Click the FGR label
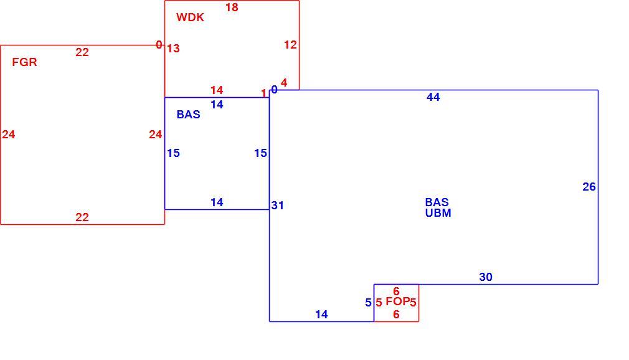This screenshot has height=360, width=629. point(24,62)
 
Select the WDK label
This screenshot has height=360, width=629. point(190,17)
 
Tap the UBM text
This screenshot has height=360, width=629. point(438,213)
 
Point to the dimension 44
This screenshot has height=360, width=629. point(433,97)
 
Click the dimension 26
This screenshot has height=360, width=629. point(589,187)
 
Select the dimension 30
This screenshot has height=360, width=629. point(486,277)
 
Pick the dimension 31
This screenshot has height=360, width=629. point(278,206)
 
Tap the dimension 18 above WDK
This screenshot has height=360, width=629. point(232,7)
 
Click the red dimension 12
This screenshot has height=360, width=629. point(290,45)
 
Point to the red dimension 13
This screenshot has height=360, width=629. point(173,49)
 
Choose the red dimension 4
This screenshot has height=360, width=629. point(284,83)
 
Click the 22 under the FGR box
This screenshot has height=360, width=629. point(82,217)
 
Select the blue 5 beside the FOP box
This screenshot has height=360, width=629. point(368,303)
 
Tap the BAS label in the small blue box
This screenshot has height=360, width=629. point(189,115)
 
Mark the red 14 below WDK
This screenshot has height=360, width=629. point(217,90)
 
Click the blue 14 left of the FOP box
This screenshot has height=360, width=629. point(321,315)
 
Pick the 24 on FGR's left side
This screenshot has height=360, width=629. point(9,135)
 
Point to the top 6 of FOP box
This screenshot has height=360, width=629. point(396,291)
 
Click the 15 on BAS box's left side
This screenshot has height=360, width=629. point(173,153)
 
